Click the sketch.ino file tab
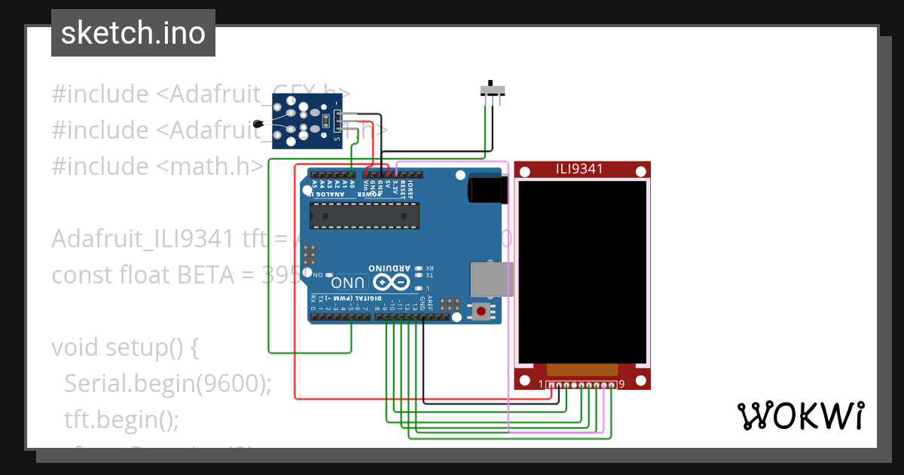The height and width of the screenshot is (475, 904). click(133, 33)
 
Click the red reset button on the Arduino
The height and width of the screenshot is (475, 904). click(480, 311)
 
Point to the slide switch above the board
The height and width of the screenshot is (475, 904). click(493, 90)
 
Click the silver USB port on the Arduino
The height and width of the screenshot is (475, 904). click(490, 279)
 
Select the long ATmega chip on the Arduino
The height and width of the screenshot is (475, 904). click(365, 216)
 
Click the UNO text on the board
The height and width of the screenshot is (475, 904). click(349, 283)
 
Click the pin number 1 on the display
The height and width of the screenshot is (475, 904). click(541, 385)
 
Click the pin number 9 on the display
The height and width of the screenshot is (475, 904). click(621, 385)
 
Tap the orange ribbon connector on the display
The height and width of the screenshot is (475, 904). click(582, 369)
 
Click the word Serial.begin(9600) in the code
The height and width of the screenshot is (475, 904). click(167, 384)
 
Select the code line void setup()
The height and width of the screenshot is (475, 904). click(124, 348)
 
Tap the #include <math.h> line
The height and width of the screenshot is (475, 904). click(157, 166)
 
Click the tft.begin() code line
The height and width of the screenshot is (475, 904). click(121, 419)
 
